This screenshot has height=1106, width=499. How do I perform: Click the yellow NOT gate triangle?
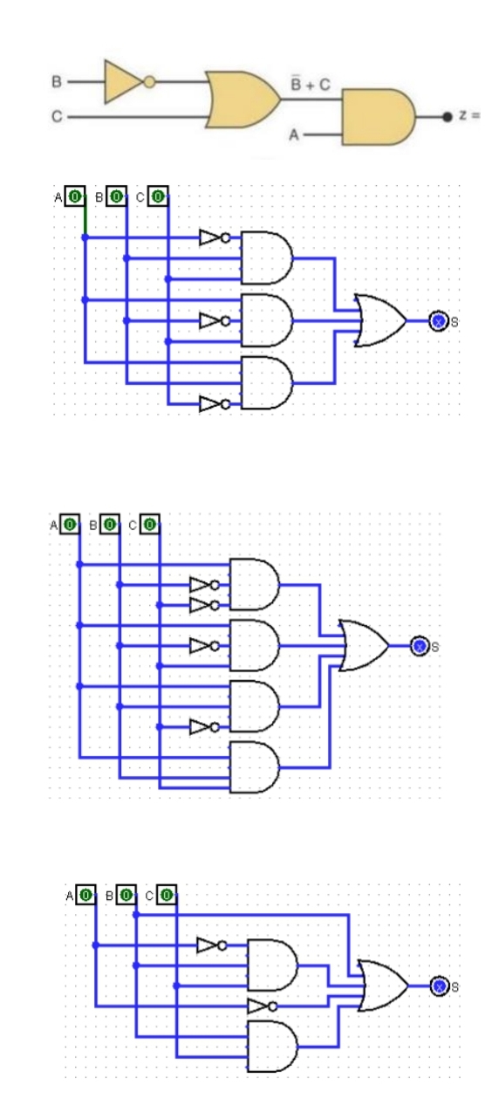(122, 82)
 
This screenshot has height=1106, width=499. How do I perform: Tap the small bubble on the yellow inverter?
(149, 82)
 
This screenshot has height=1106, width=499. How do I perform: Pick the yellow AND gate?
(379, 117)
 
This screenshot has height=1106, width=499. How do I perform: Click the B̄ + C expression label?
(310, 84)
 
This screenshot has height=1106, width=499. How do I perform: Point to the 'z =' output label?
(468, 115)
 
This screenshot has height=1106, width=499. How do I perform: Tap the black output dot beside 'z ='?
(448, 117)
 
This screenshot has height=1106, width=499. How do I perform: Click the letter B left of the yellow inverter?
(57, 81)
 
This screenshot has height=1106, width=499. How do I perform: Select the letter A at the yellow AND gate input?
(294, 134)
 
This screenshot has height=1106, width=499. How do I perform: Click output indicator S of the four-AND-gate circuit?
(420, 646)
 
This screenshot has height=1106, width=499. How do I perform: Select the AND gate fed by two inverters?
(254, 585)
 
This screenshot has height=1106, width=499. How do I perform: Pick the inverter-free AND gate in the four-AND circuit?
(254, 766)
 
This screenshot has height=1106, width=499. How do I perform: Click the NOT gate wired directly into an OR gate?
(262, 1006)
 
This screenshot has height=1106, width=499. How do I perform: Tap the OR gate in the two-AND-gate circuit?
(383, 986)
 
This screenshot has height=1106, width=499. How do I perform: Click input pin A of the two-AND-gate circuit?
(86, 895)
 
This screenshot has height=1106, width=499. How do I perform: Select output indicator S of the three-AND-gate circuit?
(438, 321)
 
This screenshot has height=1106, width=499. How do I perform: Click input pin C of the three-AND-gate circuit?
(158, 196)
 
